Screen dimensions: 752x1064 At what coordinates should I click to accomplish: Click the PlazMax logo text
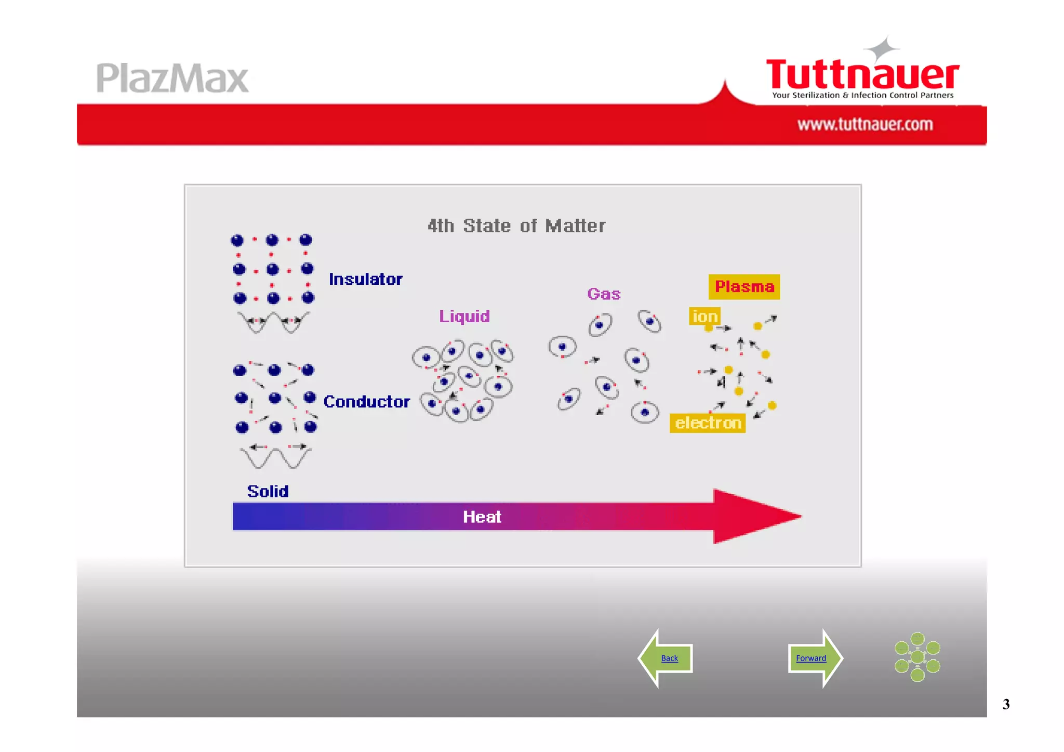click(x=172, y=78)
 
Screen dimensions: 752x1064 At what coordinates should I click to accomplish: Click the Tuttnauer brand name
click(x=862, y=74)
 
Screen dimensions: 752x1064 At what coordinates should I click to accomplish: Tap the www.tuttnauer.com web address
click(x=865, y=124)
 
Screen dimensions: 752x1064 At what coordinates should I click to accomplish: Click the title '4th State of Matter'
click(x=516, y=226)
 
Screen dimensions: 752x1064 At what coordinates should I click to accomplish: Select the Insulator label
click(x=366, y=279)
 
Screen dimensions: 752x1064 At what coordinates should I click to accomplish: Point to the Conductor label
click(x=367, y=401)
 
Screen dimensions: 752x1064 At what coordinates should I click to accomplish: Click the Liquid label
click(x=464, y=316)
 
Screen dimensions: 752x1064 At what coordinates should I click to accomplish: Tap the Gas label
click(x=604, y=294)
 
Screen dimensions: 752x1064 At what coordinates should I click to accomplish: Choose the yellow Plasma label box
click(x=744, y=286)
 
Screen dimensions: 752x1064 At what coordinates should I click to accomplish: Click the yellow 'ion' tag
click(x=704, y=316)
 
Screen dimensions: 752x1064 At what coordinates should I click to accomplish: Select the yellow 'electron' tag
click(x=708, y=423)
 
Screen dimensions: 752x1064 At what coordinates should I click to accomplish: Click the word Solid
click(x=268, y=491)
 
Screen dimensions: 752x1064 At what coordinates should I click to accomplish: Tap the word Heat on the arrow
click(x=482, y=517)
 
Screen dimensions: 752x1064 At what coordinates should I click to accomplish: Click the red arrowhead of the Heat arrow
click(x=753, y=516)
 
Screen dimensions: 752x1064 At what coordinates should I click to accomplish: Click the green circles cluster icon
click(x=917, y=657)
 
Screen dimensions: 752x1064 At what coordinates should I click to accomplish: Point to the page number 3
click(x=1006, y=704)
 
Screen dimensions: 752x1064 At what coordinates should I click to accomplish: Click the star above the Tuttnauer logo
click(x=881, y=49)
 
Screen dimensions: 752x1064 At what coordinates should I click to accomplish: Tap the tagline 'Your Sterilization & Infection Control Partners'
click(x=862, y=95)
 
